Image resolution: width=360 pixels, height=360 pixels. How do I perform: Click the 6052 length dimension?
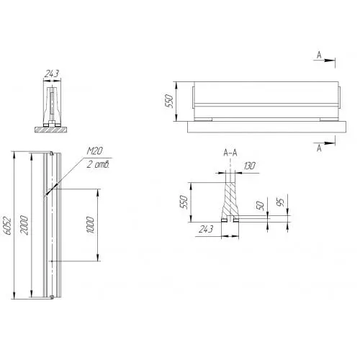(7, 226)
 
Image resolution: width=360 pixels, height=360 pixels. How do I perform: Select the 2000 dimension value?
(24, 225)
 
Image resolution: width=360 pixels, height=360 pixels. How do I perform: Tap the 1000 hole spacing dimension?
(90, 225)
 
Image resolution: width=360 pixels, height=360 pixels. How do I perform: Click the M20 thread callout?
(95, 150)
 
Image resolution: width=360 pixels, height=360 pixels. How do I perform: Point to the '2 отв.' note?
(98, 164)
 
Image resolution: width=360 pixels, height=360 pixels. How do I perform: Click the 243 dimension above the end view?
(52, 73)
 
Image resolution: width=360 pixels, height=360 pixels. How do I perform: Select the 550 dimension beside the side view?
(168, 101)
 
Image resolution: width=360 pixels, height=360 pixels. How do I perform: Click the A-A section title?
(230, 153)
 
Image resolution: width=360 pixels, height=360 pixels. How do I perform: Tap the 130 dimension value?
(250, 166)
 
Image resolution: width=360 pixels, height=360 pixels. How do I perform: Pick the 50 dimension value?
(260, 205)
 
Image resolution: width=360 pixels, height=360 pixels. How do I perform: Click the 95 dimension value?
(280, 202)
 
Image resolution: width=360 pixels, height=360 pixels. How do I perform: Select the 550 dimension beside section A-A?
(184, 202)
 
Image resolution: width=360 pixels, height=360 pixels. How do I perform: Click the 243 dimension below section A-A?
(206, 229)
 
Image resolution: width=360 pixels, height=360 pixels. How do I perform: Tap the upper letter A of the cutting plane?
(319, 55)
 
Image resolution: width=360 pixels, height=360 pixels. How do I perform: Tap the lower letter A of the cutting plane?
(319, 148)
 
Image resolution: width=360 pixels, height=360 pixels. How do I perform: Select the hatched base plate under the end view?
(51, 130)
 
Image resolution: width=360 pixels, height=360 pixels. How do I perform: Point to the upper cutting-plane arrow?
(324, 60)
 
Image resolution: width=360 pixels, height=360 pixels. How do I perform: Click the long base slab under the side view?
(266, 127)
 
